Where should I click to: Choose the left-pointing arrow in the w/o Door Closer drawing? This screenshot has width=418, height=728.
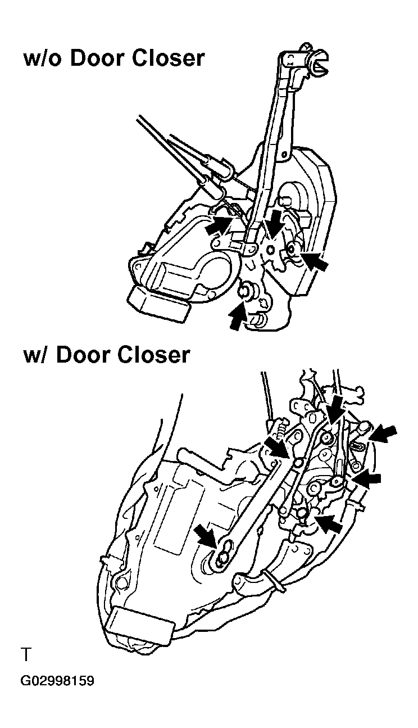point(313,259)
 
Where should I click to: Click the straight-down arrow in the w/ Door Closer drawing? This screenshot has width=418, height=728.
point(335,410)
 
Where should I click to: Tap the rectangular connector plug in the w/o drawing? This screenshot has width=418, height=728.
point(160,305)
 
